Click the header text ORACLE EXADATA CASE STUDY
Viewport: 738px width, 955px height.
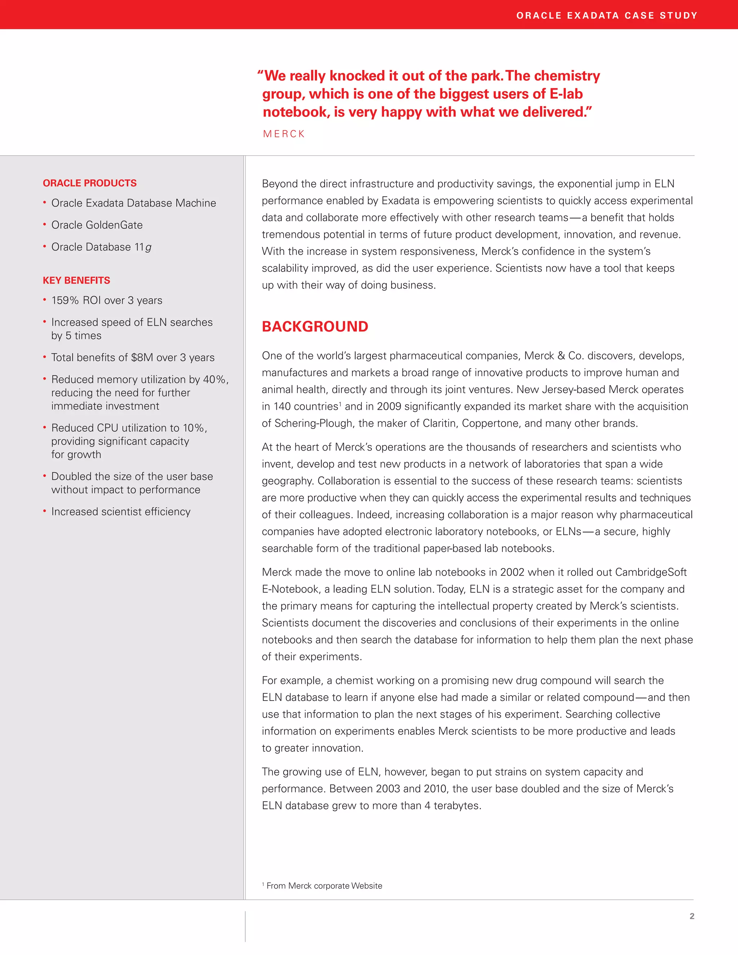click(606, 16)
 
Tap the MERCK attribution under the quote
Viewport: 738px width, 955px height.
click(284, 134)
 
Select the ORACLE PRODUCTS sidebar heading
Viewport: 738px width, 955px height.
click(90, 183)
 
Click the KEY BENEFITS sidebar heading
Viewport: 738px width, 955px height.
click(76, 280)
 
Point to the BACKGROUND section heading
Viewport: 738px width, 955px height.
click(315, 327)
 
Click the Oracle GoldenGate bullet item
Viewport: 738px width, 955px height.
click(97, 225)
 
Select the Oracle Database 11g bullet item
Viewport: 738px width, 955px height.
click(101, 247)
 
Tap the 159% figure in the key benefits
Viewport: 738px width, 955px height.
click(65, 301)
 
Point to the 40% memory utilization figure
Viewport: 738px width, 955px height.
click(214, 379)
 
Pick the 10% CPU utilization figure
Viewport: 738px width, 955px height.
click(193, 428)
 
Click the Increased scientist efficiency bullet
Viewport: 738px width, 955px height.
click(121, 512)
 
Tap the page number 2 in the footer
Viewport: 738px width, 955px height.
click(692, 916)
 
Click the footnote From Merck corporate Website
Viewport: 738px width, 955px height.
click(324, 885)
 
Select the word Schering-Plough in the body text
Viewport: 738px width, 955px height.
click(313, 423)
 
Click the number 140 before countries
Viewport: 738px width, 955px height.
click(282, 407)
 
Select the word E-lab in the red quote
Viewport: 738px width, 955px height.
click(566, 94)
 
